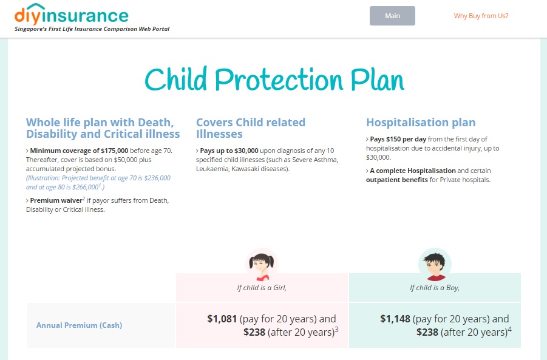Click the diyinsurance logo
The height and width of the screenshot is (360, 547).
pyautogui.click(x=71, y=15)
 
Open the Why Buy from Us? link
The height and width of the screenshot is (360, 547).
pyautogui.click(x=481, y=16)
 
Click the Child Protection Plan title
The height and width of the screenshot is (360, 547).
pyautogui.click(x=274, y=81)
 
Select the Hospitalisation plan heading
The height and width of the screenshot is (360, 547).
pyautogui.click(x=421, y=122)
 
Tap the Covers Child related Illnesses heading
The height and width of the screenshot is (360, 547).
pyautogui.click(x=250, y=128)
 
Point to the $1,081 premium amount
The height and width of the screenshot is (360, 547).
pyautogui.click(x=222, y=319)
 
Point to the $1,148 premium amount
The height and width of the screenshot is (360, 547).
pyautogui.click(x=395, y=319)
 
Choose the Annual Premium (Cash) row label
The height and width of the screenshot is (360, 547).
pyautogui.click(x=79, y=325)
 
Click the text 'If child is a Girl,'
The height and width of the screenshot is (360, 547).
pyautogui.click(x=262, y=288)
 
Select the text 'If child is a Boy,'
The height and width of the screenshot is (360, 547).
pyautogui.click(x=435, y=288)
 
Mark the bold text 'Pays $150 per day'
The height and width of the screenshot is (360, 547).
pyautogui.click(x=398, y=139)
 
